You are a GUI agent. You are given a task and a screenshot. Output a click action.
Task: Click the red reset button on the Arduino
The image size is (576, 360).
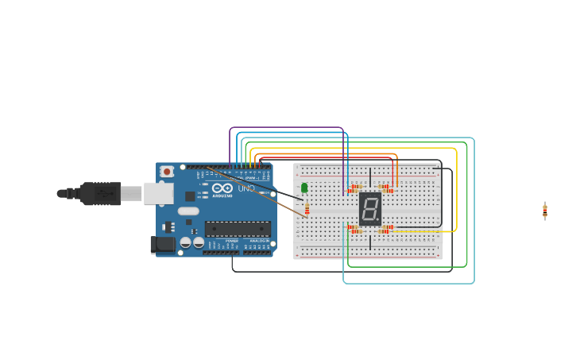click(x=167, y=171)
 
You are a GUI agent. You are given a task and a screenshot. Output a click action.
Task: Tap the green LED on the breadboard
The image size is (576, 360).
click(x=304, y=188)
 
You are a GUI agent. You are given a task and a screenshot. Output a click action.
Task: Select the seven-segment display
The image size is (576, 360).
click(x=370, y=208)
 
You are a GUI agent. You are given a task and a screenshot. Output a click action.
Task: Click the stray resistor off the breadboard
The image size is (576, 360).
click(x=545, y=211)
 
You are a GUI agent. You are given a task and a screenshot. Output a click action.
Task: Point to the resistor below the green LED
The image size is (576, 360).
click(x=307, y=209)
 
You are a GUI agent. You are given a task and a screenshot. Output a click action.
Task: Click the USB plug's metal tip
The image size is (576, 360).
click(x=61, y=193)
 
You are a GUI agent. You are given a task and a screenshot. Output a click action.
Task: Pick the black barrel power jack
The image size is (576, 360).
click(x=163, y=246)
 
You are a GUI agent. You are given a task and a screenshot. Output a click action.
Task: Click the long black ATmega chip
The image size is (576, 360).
click(x=237, y=229)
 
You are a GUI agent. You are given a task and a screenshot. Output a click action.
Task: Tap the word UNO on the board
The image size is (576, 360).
click(x=246, y=188)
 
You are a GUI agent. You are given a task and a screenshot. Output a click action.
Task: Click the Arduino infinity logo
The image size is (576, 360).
click(x=222, y=188)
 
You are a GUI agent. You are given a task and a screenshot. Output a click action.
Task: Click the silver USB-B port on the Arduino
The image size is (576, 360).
click(x=158, y=193)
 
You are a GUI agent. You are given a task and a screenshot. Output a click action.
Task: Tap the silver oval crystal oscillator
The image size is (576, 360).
click(x=188, y=211)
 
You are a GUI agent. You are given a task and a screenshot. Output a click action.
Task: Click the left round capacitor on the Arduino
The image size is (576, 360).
click(x=185, y=242)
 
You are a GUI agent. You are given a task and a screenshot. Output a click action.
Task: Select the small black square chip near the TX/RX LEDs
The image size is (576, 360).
click(x=191, y=195)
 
